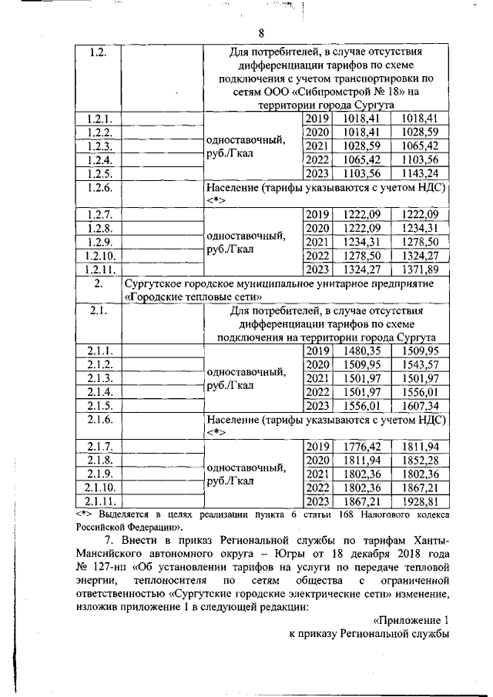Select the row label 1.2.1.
(100, 119)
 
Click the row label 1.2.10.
(100, 255)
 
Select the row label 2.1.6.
(100, 419)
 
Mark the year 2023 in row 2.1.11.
(317, 501)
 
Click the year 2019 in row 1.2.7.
(317, 214)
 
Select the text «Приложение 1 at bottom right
(410, 618)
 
